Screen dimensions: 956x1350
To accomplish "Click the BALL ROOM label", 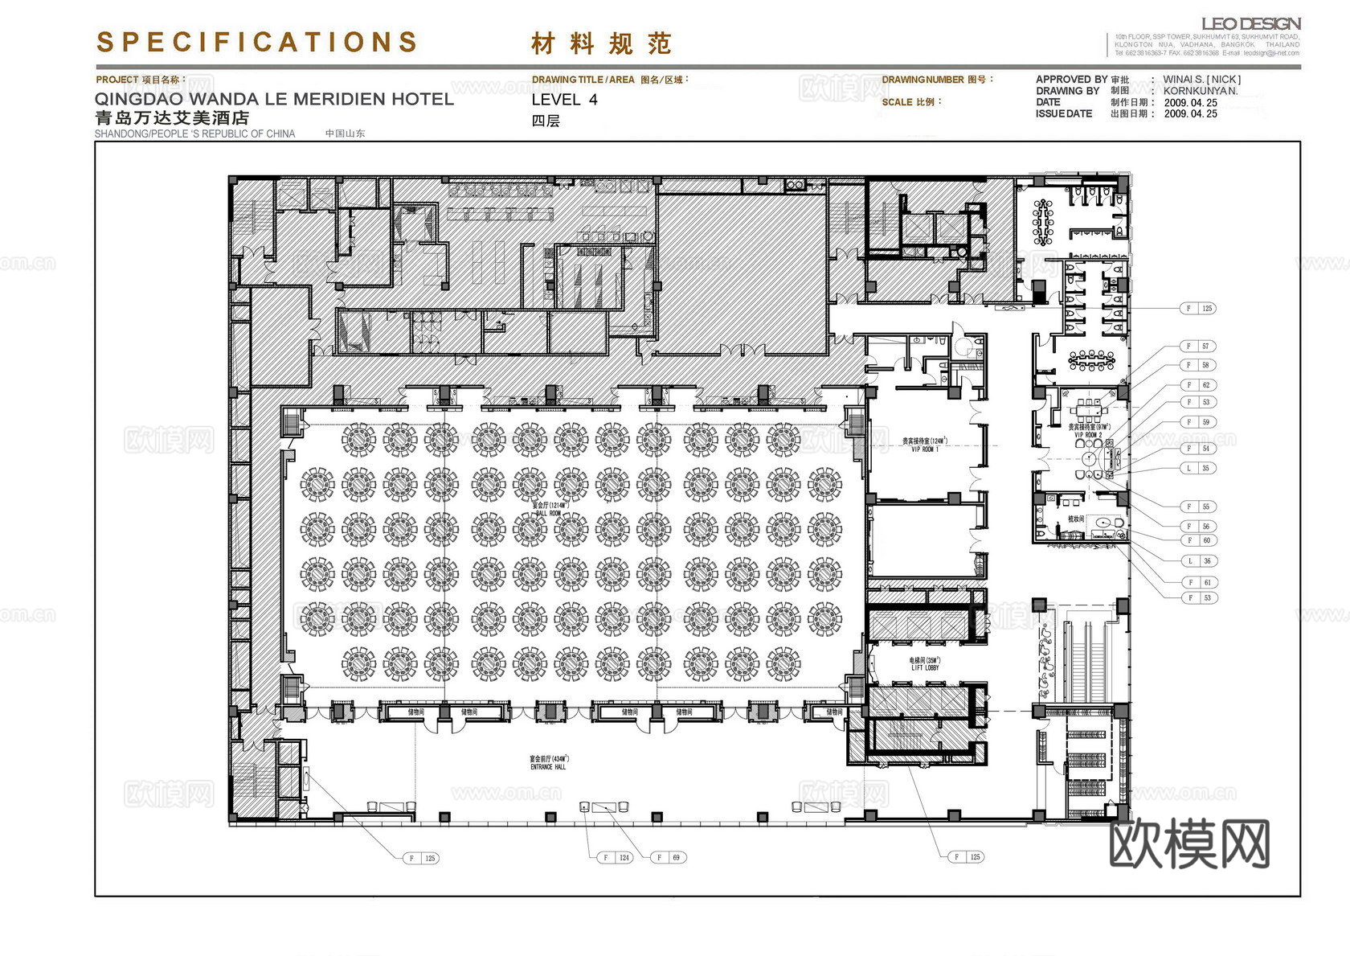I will [x=548, y=512].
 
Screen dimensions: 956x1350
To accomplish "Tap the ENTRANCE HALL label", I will [x=548, y=767].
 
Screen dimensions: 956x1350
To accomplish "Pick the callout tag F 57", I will [x=1197, y=347].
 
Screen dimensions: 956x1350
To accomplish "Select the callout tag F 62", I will [x=1197, y=384].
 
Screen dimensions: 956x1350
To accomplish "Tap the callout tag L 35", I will [x=1197, y=468].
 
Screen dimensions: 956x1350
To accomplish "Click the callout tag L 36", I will [x=1197, y=561].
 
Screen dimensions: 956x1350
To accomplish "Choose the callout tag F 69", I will [x=668, y=857].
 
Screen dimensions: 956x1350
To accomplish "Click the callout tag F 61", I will [x=1197, y=582].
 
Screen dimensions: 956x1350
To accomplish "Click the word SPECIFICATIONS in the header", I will [x=257, y=42].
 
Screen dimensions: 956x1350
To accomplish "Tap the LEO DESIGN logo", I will [x=1250, y=24].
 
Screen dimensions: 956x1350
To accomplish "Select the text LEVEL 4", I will [x=564, y=100].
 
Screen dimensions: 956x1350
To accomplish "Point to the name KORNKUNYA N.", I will [x=1201, y=91].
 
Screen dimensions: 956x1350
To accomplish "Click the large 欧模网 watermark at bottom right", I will [x=1188, y=843].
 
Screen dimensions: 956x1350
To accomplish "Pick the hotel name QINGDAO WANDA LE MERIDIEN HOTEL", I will [x=274, y=99].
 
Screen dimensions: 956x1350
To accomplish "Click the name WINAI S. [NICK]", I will [x=1201, y=80].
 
